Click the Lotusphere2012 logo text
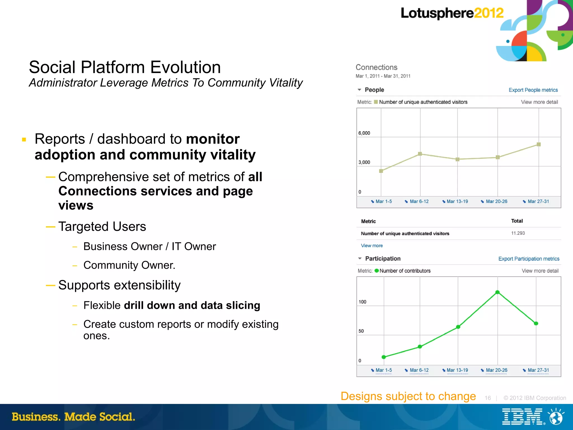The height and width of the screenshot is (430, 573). coord(452,13)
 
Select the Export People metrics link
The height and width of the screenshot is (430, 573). coord(533,90)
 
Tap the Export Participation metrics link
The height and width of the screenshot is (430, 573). coord(529,259)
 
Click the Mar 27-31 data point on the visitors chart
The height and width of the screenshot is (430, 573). coord(539,144)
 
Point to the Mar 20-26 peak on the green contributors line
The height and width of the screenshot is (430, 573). coord(497,292)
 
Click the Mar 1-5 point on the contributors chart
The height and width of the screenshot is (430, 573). coord(384,357)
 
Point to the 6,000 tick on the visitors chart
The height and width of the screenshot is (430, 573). coord(364,133)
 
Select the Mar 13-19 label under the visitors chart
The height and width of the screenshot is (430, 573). coord(457,201)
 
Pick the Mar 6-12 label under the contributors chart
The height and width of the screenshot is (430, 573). coord(419,370)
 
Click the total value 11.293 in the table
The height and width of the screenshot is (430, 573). coord(518,233)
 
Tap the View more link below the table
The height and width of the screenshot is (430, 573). coord(372,246)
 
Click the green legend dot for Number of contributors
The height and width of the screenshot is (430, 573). coord(377,271)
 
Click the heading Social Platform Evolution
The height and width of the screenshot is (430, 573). coord(125,67)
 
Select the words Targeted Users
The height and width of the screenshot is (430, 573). coord(102,227)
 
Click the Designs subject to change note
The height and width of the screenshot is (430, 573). coord(408,396)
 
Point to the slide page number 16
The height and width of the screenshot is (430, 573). coord(488,398)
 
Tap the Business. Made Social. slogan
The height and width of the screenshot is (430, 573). coord(73,417)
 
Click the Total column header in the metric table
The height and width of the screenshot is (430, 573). coord(517,221)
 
